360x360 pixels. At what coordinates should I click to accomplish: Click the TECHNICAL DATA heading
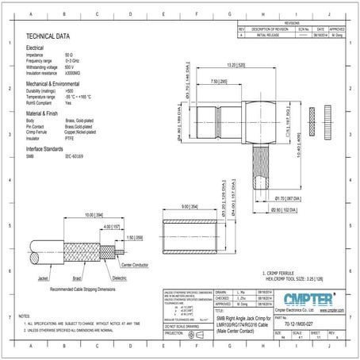point(48,36)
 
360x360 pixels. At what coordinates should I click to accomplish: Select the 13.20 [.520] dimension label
point(238,65)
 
